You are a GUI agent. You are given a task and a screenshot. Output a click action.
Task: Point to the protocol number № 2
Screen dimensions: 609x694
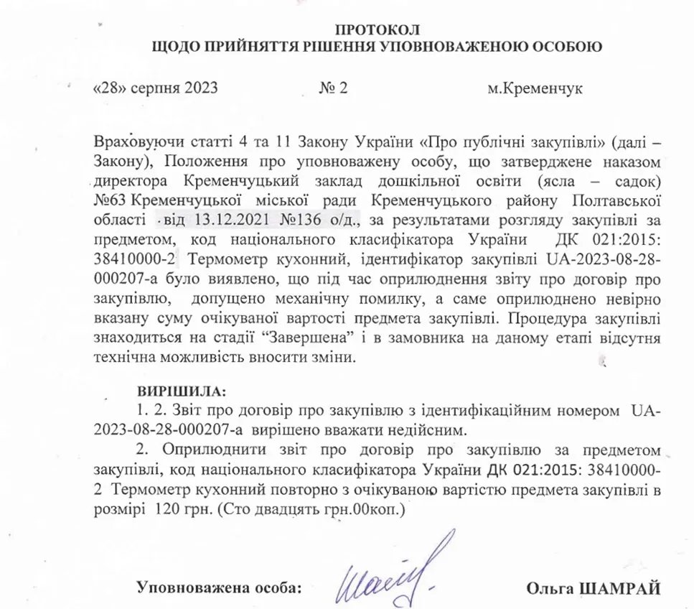334,89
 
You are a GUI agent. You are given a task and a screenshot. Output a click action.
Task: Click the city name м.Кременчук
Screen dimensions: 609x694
535,89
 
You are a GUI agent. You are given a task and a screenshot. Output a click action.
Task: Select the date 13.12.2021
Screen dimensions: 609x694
217,217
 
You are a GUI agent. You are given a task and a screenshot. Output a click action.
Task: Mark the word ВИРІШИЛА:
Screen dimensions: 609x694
181,392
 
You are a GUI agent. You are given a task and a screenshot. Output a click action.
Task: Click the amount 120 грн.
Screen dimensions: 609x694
178,509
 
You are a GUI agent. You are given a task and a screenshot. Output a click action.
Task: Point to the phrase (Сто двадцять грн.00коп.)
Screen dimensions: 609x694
312,509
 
